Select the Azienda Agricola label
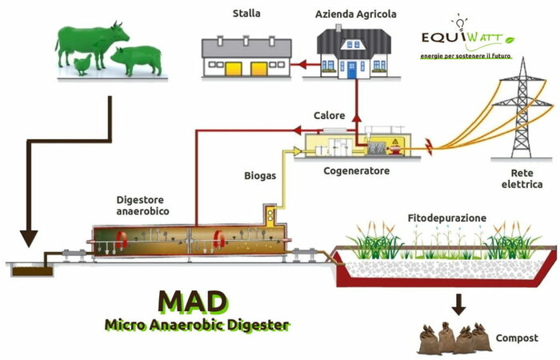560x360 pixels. pyautogui.click(x=356, y=14)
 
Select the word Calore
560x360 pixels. pyautogui.click(x=330, y=116)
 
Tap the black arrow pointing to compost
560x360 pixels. pyautogui.click(x=458, y=304)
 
